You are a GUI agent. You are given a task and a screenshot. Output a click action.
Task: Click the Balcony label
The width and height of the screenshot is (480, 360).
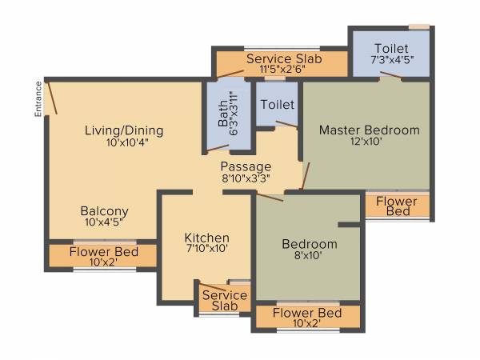pos(104,211)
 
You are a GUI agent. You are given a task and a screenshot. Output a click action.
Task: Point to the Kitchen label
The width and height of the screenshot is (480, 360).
pos(207,238)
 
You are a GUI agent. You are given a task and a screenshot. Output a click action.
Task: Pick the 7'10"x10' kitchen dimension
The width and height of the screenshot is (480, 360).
pos(206,249)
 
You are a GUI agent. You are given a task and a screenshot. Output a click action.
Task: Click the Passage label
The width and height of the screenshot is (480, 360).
pos(246,166)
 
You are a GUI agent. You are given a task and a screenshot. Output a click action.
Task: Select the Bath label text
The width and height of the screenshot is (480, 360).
pos(222,114)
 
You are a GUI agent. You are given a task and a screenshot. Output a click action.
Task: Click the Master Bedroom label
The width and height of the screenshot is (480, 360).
pos(369,130)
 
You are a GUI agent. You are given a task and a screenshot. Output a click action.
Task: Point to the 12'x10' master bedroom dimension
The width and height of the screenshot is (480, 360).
pos(369,143)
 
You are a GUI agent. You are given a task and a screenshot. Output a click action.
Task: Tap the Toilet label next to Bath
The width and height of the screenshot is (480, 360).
pos(277,105)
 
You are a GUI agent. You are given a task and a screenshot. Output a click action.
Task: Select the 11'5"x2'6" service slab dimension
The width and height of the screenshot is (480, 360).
pos(279,70)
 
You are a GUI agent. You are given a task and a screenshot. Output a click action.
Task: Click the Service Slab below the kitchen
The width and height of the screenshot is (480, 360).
pos(224,301)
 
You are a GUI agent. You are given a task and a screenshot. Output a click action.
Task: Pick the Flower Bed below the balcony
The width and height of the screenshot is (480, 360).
pos(103,256)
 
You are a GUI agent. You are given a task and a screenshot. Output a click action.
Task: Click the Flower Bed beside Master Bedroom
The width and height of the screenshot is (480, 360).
pos(398,206)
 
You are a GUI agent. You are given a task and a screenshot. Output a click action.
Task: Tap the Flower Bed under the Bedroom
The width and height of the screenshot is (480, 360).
pos(307,317)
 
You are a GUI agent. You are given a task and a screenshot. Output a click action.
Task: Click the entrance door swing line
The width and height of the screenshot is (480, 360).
pos(53,99)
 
